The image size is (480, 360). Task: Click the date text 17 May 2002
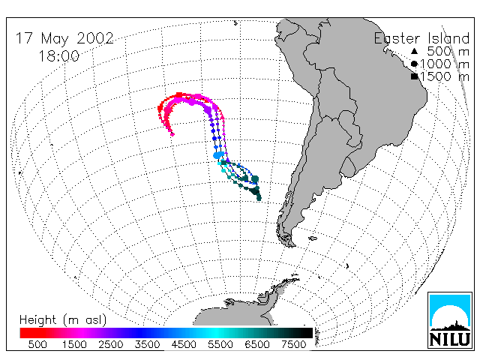[64, 38]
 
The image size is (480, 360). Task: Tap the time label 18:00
[59, 56]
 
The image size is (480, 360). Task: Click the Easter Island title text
[421, 38]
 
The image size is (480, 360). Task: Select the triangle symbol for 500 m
[414, 51]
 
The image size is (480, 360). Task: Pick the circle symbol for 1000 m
[414, 64]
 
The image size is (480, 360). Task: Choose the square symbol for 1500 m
[414, 76]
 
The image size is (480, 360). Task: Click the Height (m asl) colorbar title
[63, 320]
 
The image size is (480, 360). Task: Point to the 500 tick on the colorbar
[37, 344]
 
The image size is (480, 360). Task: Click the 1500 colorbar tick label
[74, 344]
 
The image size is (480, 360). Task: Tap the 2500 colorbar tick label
[111, 344]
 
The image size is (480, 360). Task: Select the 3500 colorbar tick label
[147, 344]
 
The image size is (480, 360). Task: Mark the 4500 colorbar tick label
[184, 344]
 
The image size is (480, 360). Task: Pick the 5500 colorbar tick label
[220, 344]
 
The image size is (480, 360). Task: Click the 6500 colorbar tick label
[257, 344]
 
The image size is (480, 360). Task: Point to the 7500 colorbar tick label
[293, 344]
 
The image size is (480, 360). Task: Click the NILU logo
[450, 320]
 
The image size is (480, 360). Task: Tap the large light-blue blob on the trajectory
[218, 155]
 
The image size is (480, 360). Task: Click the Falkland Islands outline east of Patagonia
[313, 238]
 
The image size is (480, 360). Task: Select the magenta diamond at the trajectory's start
[172, 134]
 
